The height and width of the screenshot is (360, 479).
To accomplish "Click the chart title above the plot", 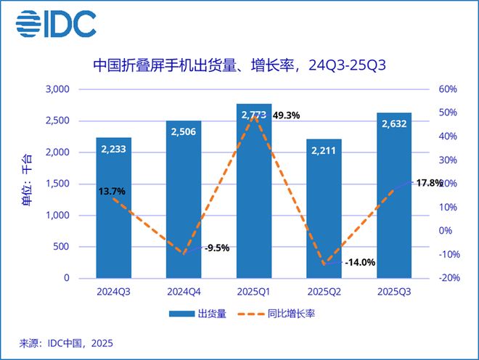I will point(239,66).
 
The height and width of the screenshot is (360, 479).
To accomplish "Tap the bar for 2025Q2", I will point(324,218).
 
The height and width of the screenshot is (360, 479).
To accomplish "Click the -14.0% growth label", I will point(360,263).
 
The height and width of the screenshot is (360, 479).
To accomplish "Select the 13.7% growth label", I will point(112,192).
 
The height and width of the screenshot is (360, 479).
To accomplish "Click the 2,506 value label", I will point(184,132).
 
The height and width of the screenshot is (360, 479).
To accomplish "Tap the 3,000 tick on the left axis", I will point(57,90).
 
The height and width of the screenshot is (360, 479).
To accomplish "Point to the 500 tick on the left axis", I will point(61,247).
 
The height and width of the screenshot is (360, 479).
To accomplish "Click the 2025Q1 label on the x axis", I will point(253,292).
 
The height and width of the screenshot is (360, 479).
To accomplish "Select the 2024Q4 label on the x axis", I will point(184,292).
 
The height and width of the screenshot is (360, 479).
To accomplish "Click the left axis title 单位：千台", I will point(26,181).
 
